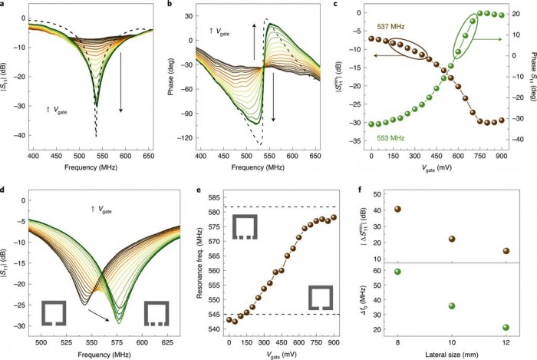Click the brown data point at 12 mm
pos(506,250)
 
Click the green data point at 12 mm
pos(506,328)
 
